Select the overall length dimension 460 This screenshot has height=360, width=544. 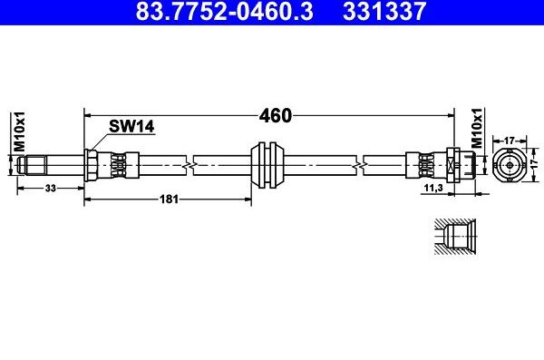click(274, 115)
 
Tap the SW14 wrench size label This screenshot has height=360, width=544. click(131, 128)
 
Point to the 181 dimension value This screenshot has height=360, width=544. click(168, 198)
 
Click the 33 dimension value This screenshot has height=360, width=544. click(51, 188)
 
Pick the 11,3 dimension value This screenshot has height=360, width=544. click(433, 188)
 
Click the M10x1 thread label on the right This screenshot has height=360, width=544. click(478, 129)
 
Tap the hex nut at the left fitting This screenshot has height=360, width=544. click(91, 164)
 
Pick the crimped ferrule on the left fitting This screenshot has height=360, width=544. click(118, 164)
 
